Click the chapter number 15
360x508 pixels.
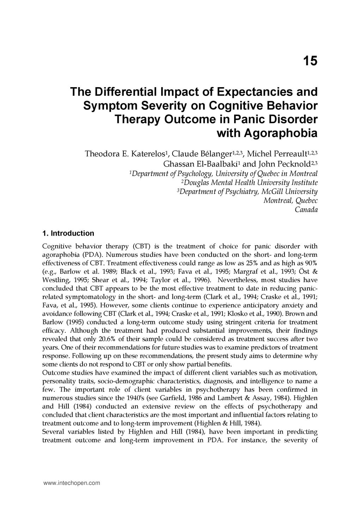click(310, 61)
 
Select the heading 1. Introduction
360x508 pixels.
click(68, 233)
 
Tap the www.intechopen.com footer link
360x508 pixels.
click(72, 483)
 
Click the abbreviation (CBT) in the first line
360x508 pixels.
click(140, 246)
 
